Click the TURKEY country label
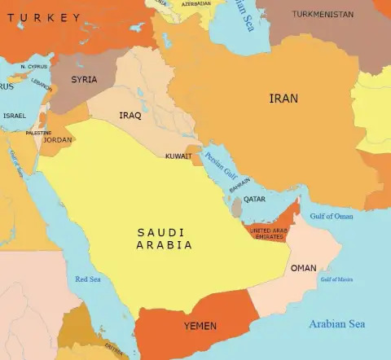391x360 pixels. click(44, 17)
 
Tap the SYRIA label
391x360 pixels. click(84, 80)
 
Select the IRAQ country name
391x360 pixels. click(130, 116)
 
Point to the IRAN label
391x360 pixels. click(283, 99)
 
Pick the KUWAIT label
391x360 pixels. click(178, 156)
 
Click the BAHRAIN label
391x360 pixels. click(239, 186)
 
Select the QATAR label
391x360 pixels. click(254, 199)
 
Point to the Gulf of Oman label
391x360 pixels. click(332, 216)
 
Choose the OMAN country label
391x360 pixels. click(303, 268)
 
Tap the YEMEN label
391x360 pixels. click(200, 326)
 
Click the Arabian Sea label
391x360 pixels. click(336, 324)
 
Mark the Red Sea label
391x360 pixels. click(87, 279)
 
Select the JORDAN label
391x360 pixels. click(57, 140)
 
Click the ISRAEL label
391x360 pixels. click(15, 116)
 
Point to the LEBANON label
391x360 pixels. click(41, 81)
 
